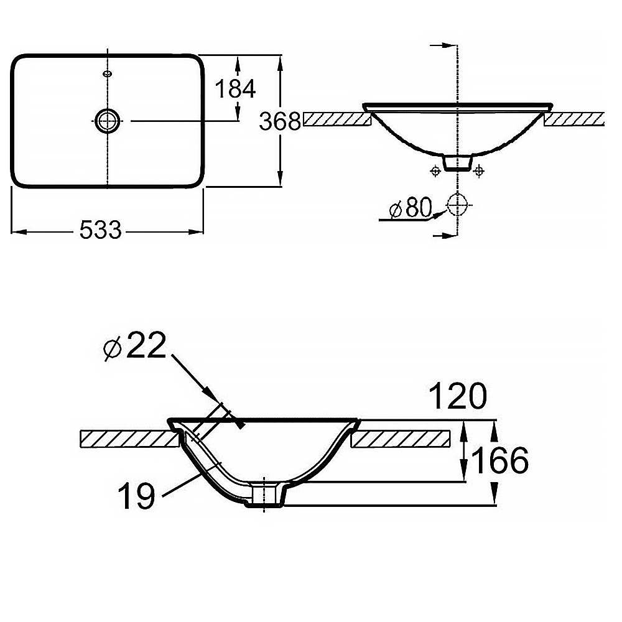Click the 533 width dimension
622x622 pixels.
pos(101,231)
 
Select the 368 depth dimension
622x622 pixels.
pos(280,121)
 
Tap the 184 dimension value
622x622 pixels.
pos(235,89)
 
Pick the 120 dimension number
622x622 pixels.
pos(457,396)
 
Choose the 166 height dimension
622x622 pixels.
pos(499,460)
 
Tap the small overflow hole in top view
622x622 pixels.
pos(108,74)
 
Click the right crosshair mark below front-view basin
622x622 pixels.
pos(478,170)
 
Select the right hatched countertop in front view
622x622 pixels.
pos(573,119)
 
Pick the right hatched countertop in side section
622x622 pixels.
pos(401,438)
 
